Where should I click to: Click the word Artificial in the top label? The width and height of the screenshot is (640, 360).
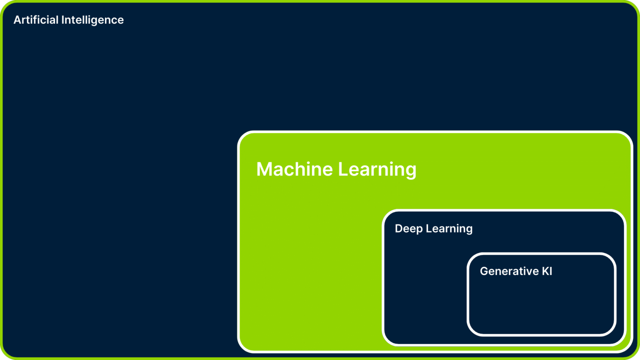pyautogui.click(x=36, y=20)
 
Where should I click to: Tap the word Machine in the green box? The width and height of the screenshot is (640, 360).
pyautogui.click(x=294, y=169)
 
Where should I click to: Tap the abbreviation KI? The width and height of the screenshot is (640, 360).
pyautogui.click(x=547, y=271)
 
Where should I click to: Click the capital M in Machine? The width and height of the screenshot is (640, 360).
pyautogui.click(x=265, y=169)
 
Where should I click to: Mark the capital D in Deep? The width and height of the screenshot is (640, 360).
pyautogui.click(x=399, y=228)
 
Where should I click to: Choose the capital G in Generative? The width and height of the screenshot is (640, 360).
pyautogui.click(x=484, y=271)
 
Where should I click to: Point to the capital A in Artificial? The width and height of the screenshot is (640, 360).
pyautogui.click(x=17, y=20)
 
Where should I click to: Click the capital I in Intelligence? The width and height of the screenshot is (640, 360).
pyautogui.click(x=63, y=20)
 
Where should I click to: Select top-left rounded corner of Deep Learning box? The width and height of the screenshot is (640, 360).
pyautogui.click(x=387, y=215)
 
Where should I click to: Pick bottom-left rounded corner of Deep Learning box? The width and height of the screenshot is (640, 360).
pyautogui.click(x=387, y=340)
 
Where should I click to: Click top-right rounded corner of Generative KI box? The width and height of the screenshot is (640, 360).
pyautogui.click(x=611, y=258)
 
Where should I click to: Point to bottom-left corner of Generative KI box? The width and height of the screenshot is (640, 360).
pyautogui.click(x=472, y=331)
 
